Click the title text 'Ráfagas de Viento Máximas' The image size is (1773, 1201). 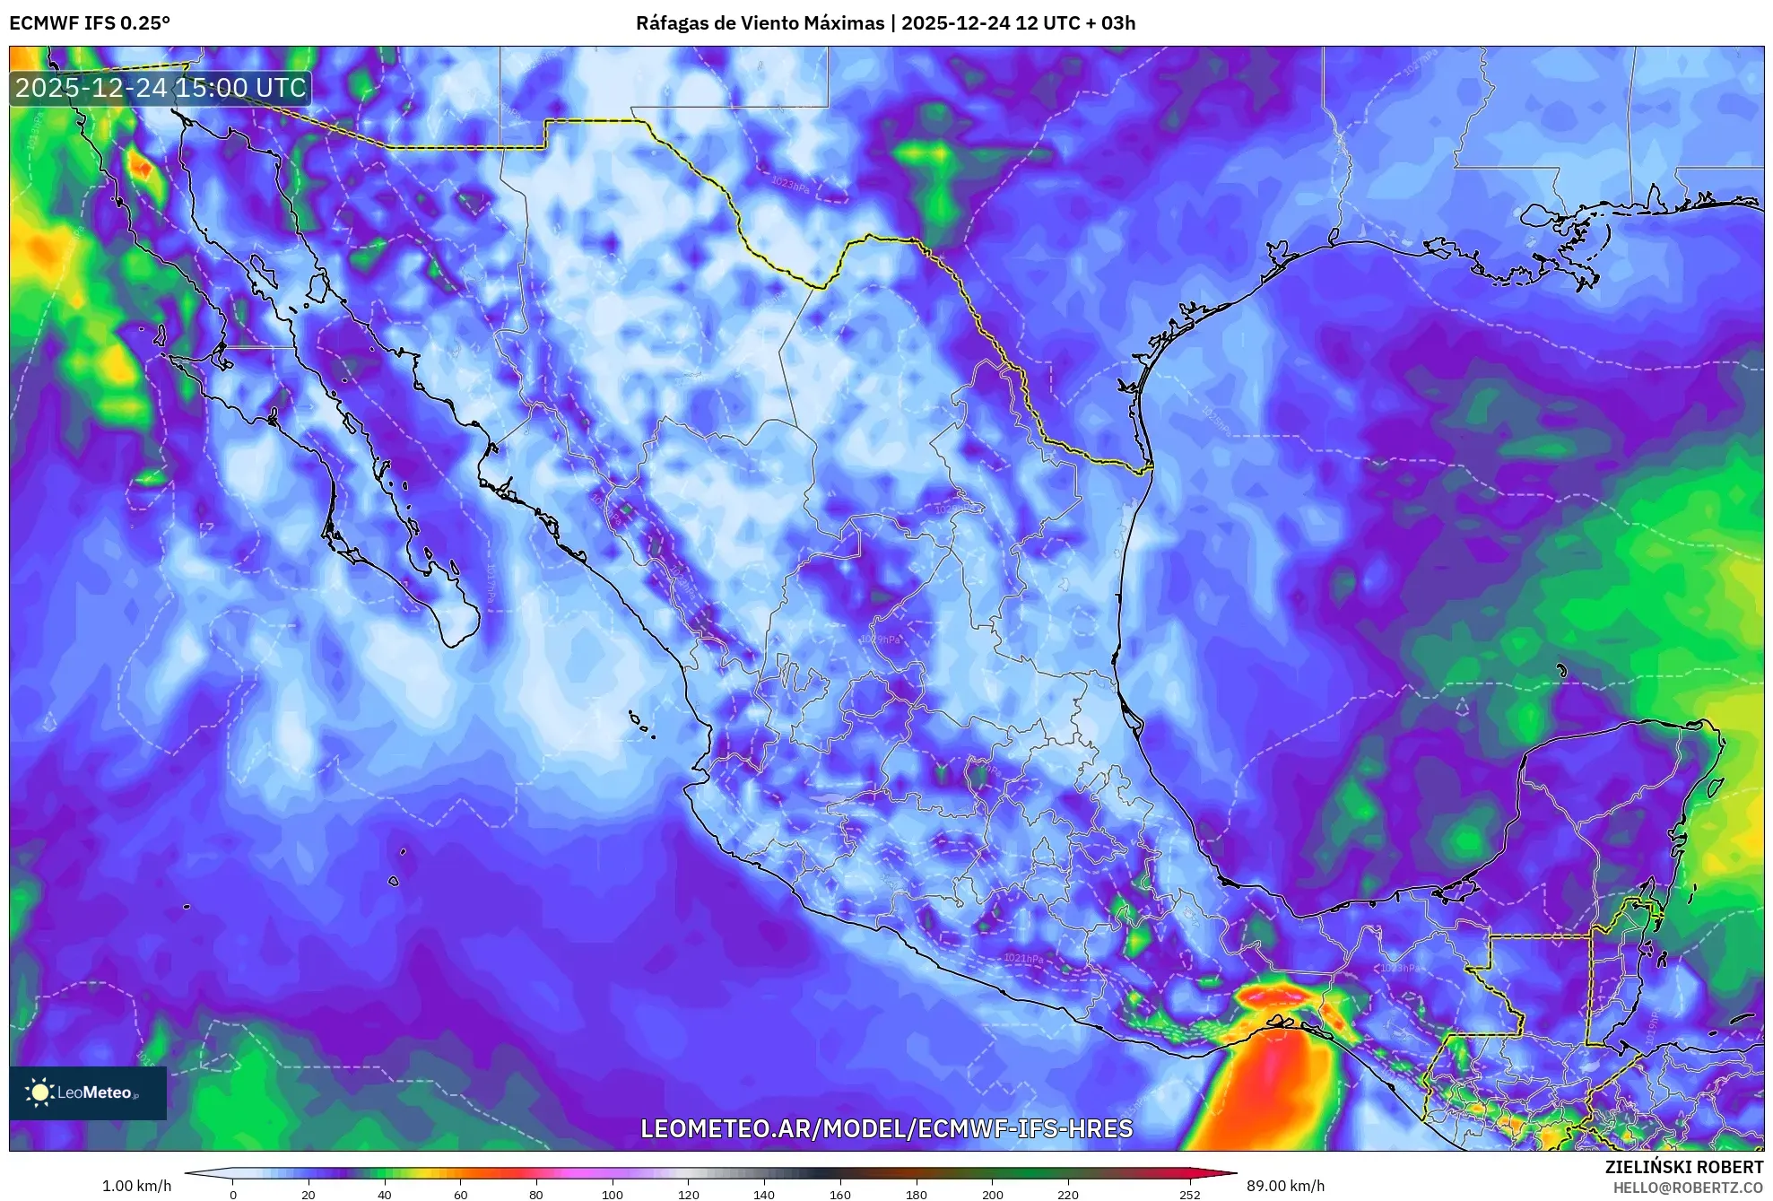tap(760, 23)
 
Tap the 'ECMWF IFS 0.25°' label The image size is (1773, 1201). tap(90, 23)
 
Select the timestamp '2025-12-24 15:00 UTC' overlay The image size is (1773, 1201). tap(161, 88)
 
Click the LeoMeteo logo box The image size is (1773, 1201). tap(88, 1092)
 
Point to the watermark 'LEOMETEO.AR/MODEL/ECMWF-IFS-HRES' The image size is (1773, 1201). tap(886, 1128)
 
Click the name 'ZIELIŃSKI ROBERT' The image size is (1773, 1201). tap(1683, 1167)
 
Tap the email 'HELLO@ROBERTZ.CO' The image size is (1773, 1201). tap(1688, 1188)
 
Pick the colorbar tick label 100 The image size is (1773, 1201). tap(613, 1195)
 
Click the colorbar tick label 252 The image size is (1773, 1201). tap(1189, 1195)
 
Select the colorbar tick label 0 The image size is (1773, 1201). tap(233, 1195)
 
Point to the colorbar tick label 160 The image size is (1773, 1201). tap(840, 1195)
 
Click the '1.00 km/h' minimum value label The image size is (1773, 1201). tap(136, 1186)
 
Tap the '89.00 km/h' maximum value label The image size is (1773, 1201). tap(1285, 1186)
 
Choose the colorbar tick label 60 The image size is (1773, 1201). tap(460, 1195)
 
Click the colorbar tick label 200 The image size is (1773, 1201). tap(992, 1195)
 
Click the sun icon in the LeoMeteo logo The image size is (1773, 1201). tap(40, 1092)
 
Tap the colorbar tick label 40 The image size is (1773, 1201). tap(385, 1195)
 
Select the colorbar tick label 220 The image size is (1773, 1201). tap(1068, 1195)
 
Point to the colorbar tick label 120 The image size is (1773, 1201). tap(688, 1195)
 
